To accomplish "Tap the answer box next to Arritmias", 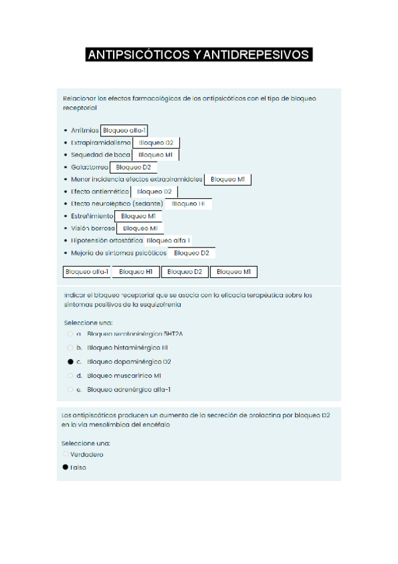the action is tap(125, 130).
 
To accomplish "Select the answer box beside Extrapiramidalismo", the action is tap(156, 143).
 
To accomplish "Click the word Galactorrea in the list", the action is tap(89, 168).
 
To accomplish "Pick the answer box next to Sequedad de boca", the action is tap(155, 155).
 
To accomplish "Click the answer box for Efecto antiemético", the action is tap(154, 192).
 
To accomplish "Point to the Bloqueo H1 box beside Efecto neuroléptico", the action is tap(189, 204).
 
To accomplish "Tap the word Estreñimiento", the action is tap(92, 216).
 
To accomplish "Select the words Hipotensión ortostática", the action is tap(106, 241).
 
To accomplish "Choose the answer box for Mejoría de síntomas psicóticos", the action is tap(192, 253).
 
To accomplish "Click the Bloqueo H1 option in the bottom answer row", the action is tap(136, 272).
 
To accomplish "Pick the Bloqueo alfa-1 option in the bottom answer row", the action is tap(86, 272).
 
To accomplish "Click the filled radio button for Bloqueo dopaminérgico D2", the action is tap(70, 362).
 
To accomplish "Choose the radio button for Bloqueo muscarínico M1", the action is tap(70, 376).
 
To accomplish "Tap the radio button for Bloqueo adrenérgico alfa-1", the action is tap(70, 390).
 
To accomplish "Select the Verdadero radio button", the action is tap(65, 454).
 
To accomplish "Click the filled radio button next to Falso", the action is tap(65, 467).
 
